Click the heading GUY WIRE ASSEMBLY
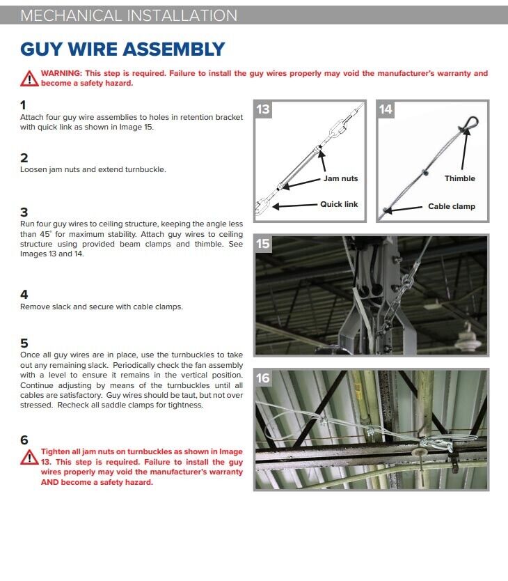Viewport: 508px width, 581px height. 122,49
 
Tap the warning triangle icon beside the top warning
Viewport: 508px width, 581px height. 29,78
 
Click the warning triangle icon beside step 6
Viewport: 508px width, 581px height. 29,457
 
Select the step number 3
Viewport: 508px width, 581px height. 24,212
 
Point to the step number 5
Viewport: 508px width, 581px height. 24,343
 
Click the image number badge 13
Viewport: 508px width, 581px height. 263,109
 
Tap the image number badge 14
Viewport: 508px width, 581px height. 386,109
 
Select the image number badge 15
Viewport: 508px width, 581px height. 263,245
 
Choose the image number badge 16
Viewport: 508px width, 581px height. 263,378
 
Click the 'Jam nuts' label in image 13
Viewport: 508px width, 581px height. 340,178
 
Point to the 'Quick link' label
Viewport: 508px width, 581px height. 339,204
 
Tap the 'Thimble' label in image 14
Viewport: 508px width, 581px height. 460,178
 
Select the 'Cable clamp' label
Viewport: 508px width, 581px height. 452,206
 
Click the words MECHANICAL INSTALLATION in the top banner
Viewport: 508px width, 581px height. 129,15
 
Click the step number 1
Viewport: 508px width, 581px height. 24,105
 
